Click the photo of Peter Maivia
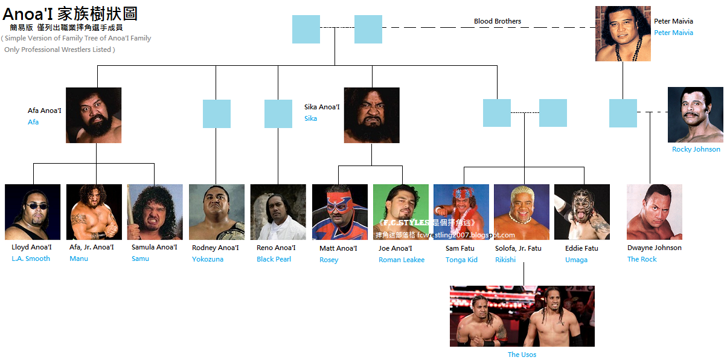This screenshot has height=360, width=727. click(x=623, y=33)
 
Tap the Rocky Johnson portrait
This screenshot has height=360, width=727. click(x=695, y=115)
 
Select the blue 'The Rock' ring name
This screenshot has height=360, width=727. click(x=641, y=259)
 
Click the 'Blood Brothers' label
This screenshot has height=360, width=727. click(x=497, y=21)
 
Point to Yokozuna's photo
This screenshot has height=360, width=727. click(x=216, y=212)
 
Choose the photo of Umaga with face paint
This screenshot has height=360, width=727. click(x=581, y=212)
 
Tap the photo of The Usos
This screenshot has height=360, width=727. click(x=522, y=316)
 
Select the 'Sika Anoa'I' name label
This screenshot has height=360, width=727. click(x=322, y=107)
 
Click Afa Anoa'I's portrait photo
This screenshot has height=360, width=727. click(x=94, y=115)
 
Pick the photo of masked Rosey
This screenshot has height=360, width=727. click(x=339, y=212)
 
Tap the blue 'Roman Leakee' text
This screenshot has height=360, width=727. click(x=401, y=260)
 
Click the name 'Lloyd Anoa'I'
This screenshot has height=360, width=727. click(x=31, y=247)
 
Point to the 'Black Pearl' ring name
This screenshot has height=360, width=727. click(x=274, y=259)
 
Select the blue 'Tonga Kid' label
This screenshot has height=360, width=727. click(x=461, y=260)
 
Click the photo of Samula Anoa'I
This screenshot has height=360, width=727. click(x=155, y=212)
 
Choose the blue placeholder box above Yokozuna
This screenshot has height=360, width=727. click(x=216, y=114)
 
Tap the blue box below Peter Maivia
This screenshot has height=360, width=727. click(x=623, y=113)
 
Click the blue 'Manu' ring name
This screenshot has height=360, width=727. click(x=78, y=259)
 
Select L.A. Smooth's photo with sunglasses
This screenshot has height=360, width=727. click(x=33, y=212)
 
